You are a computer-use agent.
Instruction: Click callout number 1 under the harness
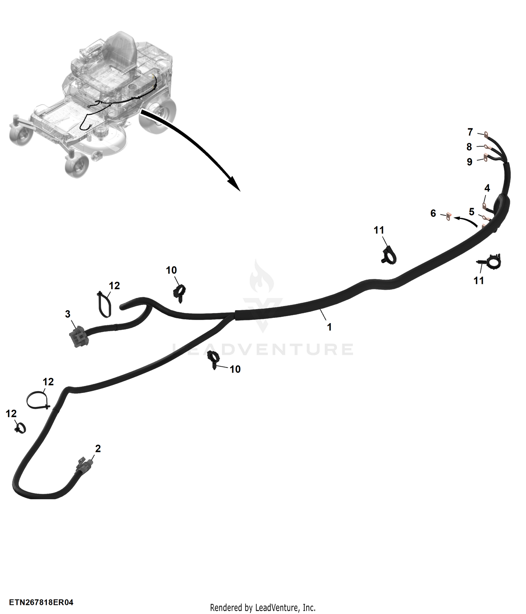[x=329, y=327]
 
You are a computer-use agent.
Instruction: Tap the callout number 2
[x=98, y=448]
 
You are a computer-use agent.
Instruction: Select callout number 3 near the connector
[x=68, y=314]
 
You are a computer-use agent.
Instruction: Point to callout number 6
[x=433, y=213]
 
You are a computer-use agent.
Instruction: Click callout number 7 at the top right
[x=470, y=132]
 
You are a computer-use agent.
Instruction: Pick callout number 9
[x=470, y=162]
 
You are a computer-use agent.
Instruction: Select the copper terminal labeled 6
[x=449, y=217]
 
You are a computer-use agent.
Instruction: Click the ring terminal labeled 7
[x=487, y=134]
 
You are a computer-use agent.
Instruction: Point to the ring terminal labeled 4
[x=485, y=206]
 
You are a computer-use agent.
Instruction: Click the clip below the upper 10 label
[x=180, y=293]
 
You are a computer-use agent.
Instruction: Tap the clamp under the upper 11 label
[x=389, y=255]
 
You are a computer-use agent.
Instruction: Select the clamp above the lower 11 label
[x=489, y=261]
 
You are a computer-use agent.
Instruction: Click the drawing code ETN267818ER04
[x=41, y=602]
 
